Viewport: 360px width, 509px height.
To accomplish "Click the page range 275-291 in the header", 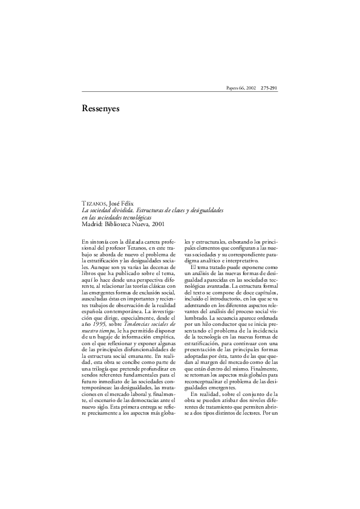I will (269, 89).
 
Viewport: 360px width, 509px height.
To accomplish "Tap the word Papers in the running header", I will (234, 89).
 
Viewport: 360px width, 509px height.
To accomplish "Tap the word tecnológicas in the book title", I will (136, 216).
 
